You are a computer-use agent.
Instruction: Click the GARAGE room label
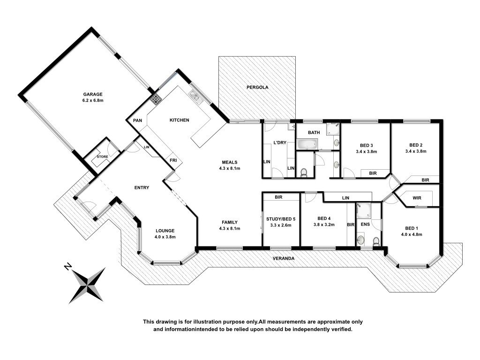[x=93, y=94]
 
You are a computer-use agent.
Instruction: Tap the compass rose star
[x=88, y=285]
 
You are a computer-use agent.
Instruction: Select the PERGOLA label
[x=257, y=87]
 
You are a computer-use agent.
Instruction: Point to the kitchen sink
[x=195, y=97]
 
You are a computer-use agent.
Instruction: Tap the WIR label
[x=417, y=198]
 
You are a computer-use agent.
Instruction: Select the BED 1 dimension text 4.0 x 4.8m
[x=412, y=234]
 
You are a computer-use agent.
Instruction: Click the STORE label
[x=102, y=157]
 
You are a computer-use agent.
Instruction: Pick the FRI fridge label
[x=173, y=160]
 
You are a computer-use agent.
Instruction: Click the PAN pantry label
[x=137, y=120]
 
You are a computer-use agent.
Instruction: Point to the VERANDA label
[x=284, y=258]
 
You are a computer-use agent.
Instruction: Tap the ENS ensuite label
[x=365, y=224]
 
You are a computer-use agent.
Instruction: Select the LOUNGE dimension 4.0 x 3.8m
[x=165, y=237]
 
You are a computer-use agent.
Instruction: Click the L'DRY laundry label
[x=280, y=142]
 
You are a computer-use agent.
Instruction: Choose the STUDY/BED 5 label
[x=281, y=219]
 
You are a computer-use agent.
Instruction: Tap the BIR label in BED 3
[x=373, y=173]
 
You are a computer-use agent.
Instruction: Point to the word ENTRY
[x=142, y=187]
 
